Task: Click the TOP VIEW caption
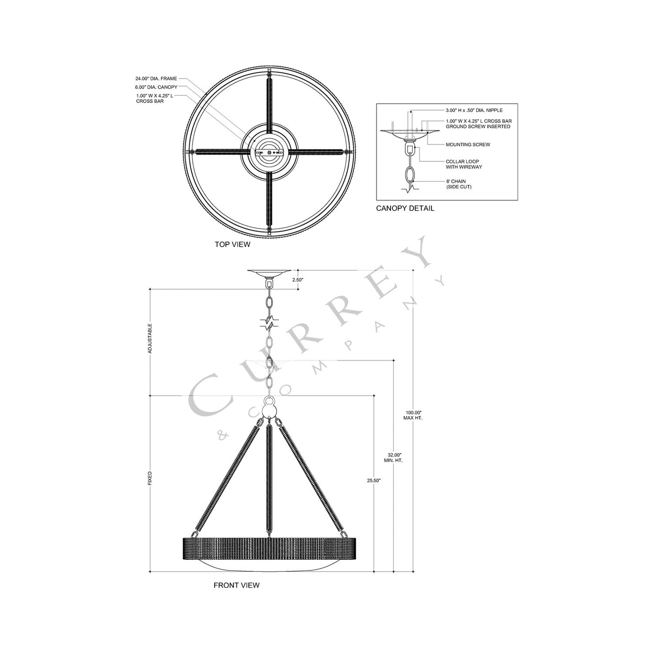pyautogui.click(x=232, y=244)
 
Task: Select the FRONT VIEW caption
pyautogui.click(x=236, y=585)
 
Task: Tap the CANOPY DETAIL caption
pyautogui.click(x=405, y=208)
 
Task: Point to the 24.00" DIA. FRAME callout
pyautogui.click(x=156, y=79)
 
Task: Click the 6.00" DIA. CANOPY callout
pyautogui.click(x=156, y=87)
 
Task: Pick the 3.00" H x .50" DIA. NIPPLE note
pyautogui.click(x=474, y=110)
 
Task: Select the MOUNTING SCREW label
pyautogui.click(x=468, y=145)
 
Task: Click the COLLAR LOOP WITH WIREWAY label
pyautogui.click(x=464, y=164)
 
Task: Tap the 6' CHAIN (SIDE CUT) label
pyautogui.click(x=458, y=184)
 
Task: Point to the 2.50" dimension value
pyautogui.click(x=297, y=280)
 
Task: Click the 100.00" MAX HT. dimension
pyautogui.click(x=413, y=415)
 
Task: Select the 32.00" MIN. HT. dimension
pyautogui.click(x=394, y=457)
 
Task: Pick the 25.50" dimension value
pyautogui.click(x=374, y=480)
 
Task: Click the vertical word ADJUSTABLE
pyautogui.click(x=150, y=338)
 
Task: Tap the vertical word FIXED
pyautogui.click(x=150, y=479)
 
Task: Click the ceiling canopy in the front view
pyautogui.click(x=269, y=272)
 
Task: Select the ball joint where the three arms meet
pyautogui.click(x=269, y=409)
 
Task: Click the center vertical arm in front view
pyautogui.click(x=269, y=479)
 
